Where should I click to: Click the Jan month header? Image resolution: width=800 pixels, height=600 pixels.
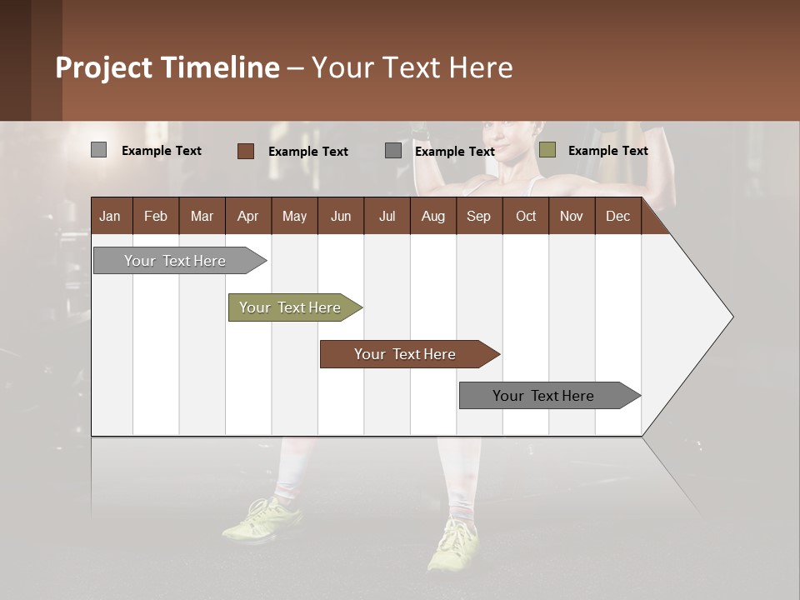coord(110,216)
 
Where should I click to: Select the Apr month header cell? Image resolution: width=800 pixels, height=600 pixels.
coord(248,216)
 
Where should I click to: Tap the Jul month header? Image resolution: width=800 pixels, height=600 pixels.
coord(387,216)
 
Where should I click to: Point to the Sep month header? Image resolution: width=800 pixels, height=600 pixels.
coord(478,216)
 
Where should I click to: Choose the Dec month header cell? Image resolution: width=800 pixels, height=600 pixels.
coord(617,216)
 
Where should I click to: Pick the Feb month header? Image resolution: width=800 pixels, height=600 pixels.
coord(156,216)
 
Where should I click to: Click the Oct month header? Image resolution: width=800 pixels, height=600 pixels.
coord(526,216)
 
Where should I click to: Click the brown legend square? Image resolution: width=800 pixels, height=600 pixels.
coord(246,151)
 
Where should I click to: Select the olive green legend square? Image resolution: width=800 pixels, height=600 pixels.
coord(547,150)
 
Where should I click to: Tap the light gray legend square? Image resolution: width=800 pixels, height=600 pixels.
coord(99,150)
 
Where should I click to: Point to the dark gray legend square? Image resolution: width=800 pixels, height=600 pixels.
coord(393,151)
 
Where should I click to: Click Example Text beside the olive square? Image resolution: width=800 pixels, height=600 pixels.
coord(607,151)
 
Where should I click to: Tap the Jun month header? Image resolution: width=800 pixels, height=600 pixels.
coord(341,216)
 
